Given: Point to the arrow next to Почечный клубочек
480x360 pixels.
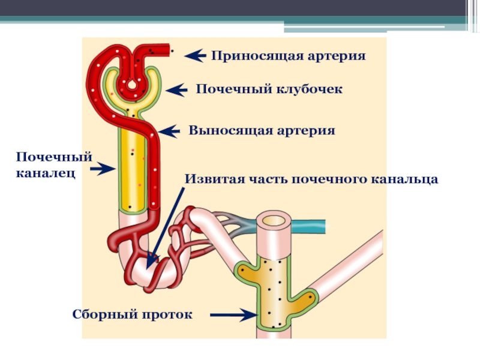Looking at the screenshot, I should click(x=177, y=90).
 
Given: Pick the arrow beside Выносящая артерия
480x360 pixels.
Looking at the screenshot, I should click(x=170, y=131).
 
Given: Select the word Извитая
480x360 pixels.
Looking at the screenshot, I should click(x=210, y=179).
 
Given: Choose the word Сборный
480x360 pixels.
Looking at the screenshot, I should click(x=100, y=314).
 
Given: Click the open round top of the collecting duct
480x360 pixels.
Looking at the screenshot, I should click(x=274, y=220).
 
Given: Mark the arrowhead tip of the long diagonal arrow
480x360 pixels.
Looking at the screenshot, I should click(x=149, y=265).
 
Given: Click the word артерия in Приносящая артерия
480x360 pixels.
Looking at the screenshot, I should click(x=337, y=56).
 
